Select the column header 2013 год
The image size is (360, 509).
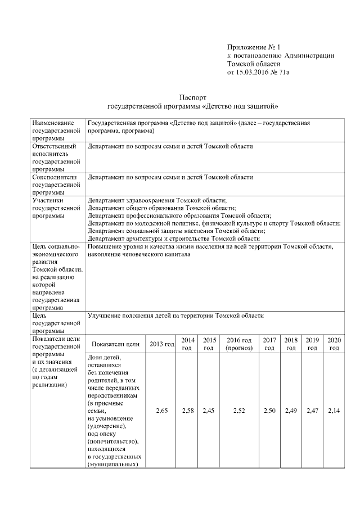[x=161, y=344]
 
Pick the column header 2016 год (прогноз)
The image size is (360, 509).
[x=239, y=344]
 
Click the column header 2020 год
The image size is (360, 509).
[x=334, y=344]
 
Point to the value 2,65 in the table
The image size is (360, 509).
[x=161, y=411]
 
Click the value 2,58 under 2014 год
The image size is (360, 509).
[x=188, y=411]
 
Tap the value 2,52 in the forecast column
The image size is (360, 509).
[x=239, y=411]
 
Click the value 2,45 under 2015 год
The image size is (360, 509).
[x=209, y=411]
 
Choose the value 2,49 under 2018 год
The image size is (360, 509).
[x=291, y=411]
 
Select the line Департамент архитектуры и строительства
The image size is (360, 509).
[x=169, y=238]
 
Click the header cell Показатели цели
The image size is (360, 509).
[x=115, y=344]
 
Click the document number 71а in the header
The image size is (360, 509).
[x=288, y=73]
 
